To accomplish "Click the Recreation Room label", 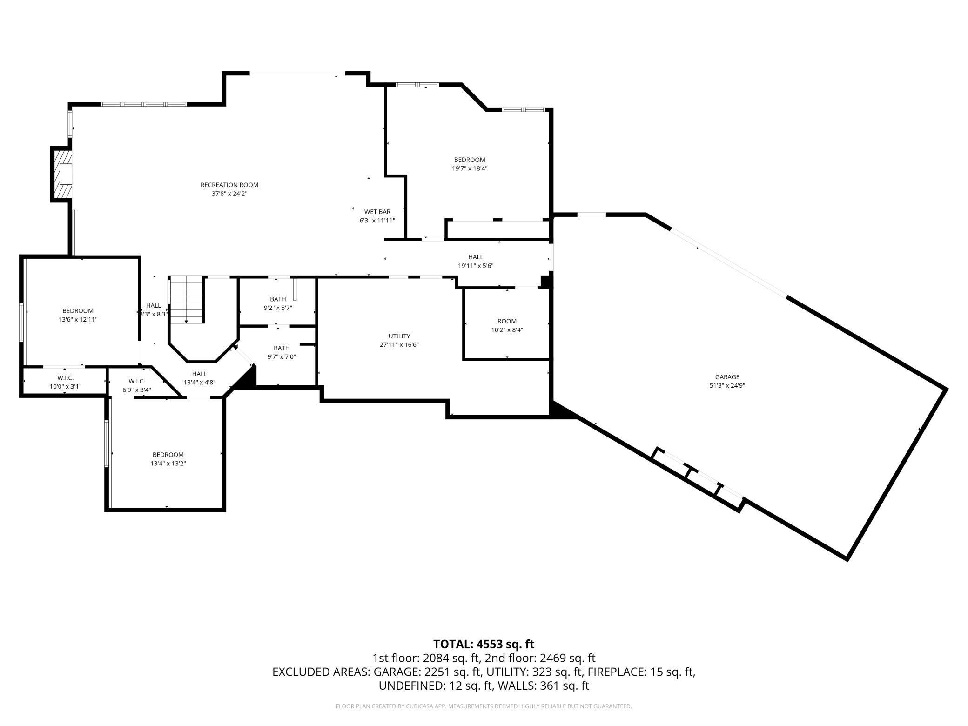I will [229, 185].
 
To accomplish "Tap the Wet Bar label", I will [377, 212].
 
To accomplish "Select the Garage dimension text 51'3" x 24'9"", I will [727, 385].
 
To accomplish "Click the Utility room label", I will [399, 336].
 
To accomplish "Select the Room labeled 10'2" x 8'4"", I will [507, 325].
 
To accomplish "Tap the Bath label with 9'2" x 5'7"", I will [278, 299].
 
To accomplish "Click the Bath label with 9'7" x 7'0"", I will [282, 348].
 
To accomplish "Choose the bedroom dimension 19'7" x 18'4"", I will [470, 168].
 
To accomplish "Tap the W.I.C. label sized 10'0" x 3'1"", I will [65, 378].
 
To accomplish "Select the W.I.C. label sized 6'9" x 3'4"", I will [137, 381].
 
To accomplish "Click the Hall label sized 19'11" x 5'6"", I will [475, 257].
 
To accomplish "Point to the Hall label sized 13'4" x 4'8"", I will [199, 374].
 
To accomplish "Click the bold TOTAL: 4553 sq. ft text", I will [484, 644].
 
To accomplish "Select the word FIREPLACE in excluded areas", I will [615, 672].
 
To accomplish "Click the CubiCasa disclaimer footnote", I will [484, 706].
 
